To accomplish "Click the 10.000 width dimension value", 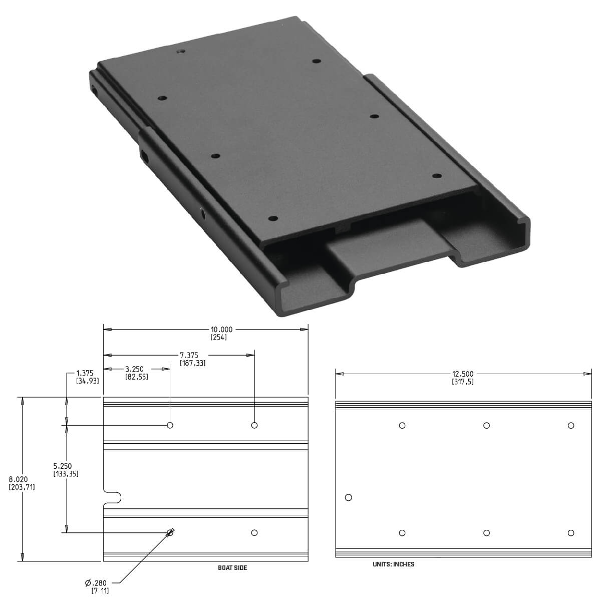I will pos(221,330).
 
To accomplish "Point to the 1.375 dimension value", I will pos(85,373).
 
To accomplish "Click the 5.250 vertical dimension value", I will pos(63,466).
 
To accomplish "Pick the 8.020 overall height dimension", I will pos(19,479).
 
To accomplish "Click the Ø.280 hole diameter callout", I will pos(97,583).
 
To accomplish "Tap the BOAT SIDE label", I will pos(232,568).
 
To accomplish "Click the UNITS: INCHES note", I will pos(393,564).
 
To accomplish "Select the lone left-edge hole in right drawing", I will pos(349,497).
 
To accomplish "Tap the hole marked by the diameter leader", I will pos(170,533).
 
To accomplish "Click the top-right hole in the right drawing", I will pos(570,426).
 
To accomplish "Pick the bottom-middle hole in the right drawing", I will pos(486,533).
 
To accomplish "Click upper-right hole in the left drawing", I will pos(254,425).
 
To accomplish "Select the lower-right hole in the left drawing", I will pos(254,533).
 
